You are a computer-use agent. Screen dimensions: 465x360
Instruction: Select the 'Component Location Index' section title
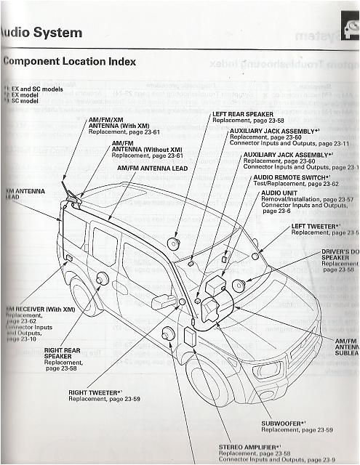(x=68, y=61)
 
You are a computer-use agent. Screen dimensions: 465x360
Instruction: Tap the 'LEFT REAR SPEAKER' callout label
(x=242, y=115)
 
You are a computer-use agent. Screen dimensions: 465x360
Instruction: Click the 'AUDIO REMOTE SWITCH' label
(x=289, y=177)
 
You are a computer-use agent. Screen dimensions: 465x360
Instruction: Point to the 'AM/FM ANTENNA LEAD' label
(x=152, y=168)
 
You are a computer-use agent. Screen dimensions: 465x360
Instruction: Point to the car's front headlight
(x=268, y=368)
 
